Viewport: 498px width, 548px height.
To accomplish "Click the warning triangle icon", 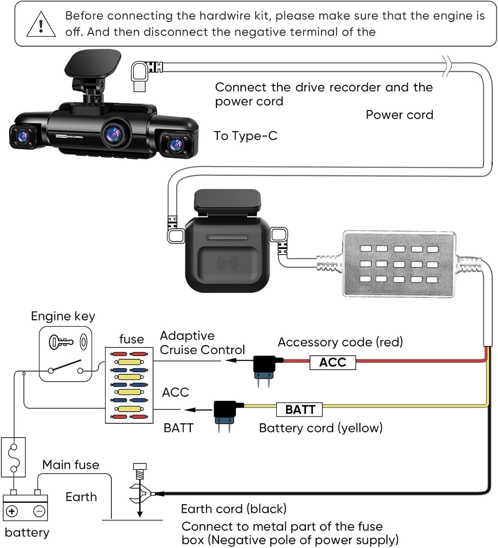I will tap(41, 25).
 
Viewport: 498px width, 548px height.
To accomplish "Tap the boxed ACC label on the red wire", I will tap(333, 362).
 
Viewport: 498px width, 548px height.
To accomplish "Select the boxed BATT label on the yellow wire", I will tap(299, 409).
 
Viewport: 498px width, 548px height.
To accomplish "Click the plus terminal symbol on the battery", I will tap(12, 511).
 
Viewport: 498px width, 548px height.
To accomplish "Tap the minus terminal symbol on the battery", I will tap(39, 511).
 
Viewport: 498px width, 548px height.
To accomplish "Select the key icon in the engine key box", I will tap(61, 342).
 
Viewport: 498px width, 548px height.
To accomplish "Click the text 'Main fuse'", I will tap(70, 465).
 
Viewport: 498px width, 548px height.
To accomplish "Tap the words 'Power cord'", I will tap(399, 115).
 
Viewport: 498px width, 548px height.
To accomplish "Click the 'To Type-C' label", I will tap(245, 136).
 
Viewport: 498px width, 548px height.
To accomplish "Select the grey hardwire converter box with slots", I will tap(399, 264).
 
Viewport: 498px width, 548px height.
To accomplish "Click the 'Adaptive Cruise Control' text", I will tap(202, 343).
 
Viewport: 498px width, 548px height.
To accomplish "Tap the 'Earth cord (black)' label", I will tap(234, 509).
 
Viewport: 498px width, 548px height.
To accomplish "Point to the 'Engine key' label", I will tap(63, 316).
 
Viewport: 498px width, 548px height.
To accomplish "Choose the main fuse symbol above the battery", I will tap(14, 457).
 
